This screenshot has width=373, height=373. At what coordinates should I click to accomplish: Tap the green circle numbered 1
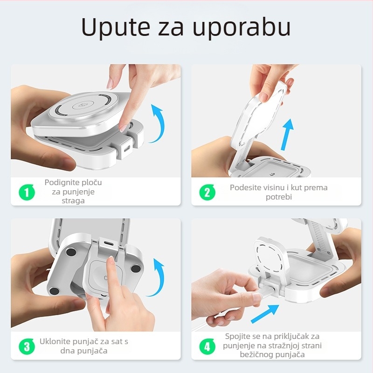(27, 192)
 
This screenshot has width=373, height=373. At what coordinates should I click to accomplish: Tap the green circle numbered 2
(207, 192)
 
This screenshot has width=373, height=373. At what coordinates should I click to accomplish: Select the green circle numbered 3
(27, 346)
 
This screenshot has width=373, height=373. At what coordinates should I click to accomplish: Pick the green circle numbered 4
(207, 346)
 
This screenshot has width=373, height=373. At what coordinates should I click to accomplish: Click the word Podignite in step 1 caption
(61, 182)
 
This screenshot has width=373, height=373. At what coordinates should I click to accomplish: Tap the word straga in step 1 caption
(73, 201)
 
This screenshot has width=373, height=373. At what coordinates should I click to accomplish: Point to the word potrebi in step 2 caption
(278, 197)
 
